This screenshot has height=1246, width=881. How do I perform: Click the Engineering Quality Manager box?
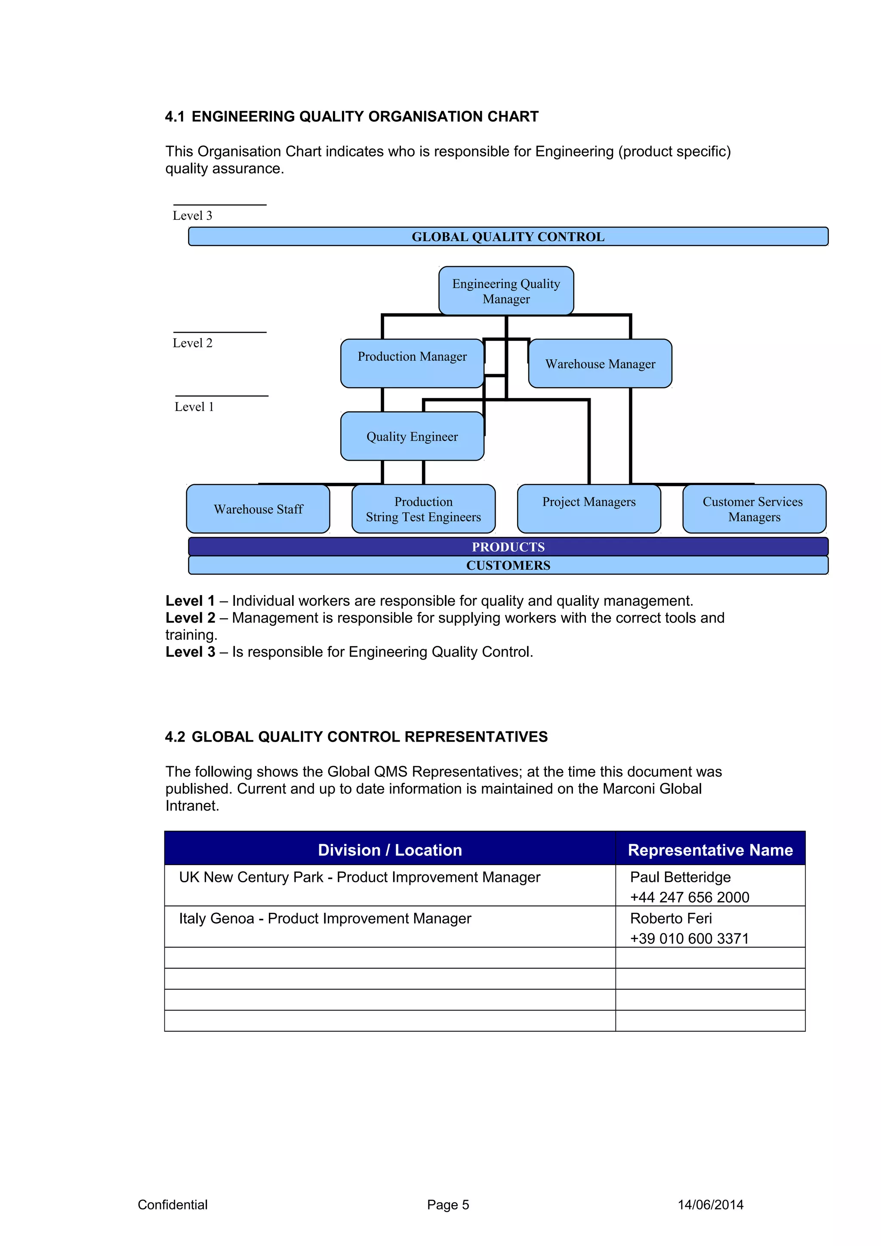coord(506,291)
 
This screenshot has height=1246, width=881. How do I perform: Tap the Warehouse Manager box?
coord(600,364)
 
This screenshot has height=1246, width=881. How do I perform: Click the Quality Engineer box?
coord(412,436)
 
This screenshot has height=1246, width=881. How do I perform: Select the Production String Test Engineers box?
coord(423,509)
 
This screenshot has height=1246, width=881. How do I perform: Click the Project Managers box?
coord(589,509)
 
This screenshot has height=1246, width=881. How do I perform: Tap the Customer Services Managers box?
coord(754,509)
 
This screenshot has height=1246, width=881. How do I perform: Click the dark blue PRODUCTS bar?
coord(508,546)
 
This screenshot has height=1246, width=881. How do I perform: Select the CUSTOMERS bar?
coord(508,565)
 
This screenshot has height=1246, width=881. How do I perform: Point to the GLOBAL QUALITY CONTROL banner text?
coord(508,236)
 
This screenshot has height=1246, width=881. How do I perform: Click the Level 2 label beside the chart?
coord(193,343)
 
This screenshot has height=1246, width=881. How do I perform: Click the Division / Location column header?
coord(390,850)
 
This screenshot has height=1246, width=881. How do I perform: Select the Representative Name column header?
coord(710,850)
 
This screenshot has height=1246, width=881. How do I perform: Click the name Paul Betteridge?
coord(680,878)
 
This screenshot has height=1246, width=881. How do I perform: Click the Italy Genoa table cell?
coord(325,919)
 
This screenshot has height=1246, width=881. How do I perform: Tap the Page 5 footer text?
coord(448,1205)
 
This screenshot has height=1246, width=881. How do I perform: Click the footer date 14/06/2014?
coord(710,1205)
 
